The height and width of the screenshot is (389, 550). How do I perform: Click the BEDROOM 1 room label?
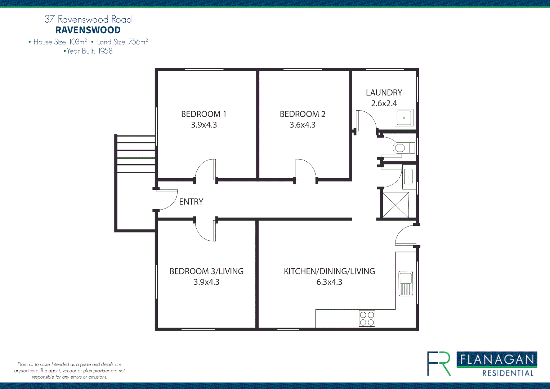[x=204, y=114]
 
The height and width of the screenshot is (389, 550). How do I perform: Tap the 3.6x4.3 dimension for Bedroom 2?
[x=303, y=125]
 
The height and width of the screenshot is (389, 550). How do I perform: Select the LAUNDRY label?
[x=384, y=93]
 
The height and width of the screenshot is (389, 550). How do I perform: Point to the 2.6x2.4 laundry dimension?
[x=384, y=103]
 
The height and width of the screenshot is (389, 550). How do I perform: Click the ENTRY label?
[x=191, y=202]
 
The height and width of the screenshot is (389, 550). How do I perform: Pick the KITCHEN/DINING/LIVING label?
[x=329, y=271]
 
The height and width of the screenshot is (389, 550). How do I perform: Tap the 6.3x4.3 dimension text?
[x=329, y=282]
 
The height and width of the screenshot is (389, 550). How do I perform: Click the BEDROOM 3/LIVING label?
[x=206, y=271]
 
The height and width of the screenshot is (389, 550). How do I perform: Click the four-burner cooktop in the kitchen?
[x=367, y=319]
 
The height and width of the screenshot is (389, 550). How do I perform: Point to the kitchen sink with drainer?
[x=406, y=284]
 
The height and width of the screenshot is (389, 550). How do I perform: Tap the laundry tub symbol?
[x=404, y=118]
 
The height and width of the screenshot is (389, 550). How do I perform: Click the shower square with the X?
[x=395, y=205]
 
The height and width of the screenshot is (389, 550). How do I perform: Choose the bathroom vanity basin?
[x=408, y=177]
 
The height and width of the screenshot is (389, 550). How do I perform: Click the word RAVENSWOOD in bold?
[x=88, y=30]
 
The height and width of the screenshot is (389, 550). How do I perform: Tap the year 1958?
[x=106, y=51]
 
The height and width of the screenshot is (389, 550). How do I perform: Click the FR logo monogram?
[x=439, y=363]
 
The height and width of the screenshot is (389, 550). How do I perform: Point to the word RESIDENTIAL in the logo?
[x=508, y=373]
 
